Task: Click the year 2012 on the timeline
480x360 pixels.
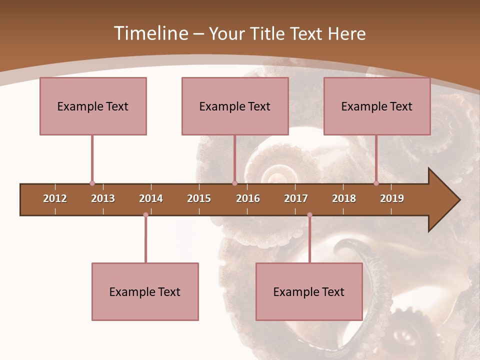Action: [55, 198]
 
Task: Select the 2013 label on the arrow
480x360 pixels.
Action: [103, 198]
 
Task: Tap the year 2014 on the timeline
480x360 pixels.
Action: [151, 198]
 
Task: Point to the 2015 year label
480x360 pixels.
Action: [199, 198]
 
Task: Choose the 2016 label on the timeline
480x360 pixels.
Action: [248, 198]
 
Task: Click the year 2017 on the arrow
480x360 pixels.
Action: [296, 198]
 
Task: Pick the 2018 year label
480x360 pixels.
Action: [344, 198]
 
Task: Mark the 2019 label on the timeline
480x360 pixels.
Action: [392, 198]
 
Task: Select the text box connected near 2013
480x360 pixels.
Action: [93, 106]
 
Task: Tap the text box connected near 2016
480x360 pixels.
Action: [235, 106]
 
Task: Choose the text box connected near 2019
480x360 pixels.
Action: [377, 106]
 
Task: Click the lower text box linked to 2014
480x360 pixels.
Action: [145, 291]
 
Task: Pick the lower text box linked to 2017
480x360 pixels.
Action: [309, 291]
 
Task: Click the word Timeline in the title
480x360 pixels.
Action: [150, 33]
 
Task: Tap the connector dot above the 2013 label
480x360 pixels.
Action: [92, 183]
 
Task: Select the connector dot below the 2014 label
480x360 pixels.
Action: [145, 215]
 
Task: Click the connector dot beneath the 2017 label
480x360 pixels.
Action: [309, 215]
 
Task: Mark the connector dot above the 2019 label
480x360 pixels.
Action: [376, 183]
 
